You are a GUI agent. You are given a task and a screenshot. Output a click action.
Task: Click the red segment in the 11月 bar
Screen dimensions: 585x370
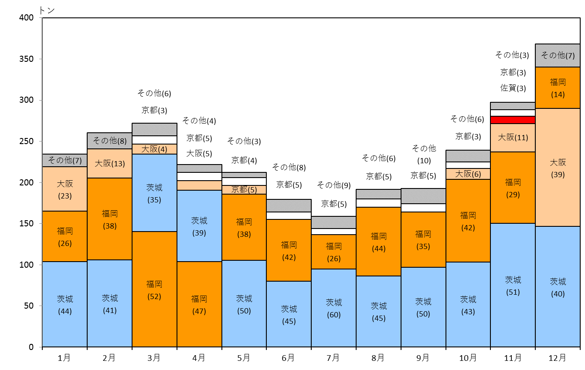[513, 120]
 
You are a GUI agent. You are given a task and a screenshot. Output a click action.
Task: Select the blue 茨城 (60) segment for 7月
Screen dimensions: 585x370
[333, 308]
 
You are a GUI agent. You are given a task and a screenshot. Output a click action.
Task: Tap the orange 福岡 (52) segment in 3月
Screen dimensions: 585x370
[154, 289]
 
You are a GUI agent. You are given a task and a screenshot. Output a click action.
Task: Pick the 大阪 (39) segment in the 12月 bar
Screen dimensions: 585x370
[558, 168]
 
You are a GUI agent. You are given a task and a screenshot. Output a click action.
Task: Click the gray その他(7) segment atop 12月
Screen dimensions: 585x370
[558, 56]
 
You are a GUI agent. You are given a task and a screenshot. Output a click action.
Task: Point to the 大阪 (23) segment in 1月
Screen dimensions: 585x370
[65, 189]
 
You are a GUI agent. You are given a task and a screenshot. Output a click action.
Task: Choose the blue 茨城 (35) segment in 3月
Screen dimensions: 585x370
[154, 193]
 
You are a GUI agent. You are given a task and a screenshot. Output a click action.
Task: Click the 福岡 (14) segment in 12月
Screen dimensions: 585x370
[558, 88]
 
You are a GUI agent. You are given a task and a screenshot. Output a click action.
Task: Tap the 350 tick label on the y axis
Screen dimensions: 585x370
[27, 59]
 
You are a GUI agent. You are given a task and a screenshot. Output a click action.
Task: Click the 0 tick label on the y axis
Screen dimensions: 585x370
[31, 347]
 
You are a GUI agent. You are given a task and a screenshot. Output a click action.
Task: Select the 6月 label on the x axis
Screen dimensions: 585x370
[288, 358]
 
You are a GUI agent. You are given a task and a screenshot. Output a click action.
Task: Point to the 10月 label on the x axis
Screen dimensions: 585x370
[468, 358]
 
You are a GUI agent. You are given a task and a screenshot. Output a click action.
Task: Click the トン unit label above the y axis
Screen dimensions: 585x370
[47, 10]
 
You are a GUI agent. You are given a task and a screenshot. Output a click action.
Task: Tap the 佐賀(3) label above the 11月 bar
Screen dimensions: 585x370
[513, 88]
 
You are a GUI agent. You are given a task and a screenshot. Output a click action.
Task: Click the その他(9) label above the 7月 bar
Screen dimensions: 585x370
[334, 185]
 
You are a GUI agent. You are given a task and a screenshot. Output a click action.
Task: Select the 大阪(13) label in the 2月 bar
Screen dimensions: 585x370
[110, 164]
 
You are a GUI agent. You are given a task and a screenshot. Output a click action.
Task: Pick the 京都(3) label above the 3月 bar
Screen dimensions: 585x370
[154, 110]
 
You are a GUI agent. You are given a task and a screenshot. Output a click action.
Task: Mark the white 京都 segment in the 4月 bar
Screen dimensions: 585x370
[199, 177]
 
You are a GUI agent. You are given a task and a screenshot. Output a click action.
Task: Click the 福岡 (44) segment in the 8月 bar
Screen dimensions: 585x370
[378, 242]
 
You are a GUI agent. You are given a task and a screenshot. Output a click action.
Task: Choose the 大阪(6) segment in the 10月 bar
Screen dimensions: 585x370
[468, 174]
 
